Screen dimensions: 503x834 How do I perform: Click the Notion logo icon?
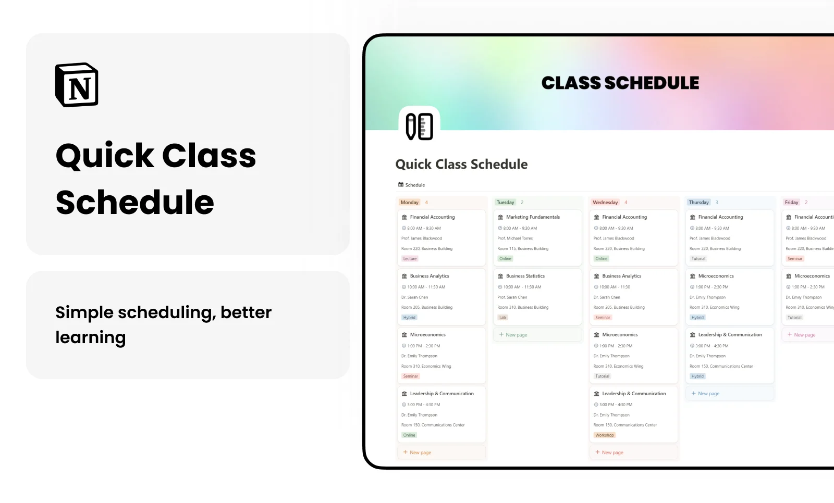[x=77, y=85]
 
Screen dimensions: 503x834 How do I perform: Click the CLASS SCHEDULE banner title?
[x=620, y=83]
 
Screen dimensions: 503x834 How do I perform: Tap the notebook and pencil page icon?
[x=419, y=126]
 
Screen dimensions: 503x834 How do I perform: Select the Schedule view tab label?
[x=415, y=185]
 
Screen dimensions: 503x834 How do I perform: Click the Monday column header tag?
[x=410, y=203]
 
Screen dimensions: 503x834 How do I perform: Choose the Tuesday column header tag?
[x=505, y=203]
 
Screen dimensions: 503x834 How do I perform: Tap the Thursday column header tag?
[x=698, y=203]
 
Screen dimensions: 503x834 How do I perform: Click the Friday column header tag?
[x=791, y=203]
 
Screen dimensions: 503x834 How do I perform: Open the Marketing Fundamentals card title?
[x=533, y=217]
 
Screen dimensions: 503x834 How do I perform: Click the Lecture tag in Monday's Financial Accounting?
[x=410, y=259]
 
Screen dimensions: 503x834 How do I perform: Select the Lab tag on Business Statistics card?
[x=502, y=318]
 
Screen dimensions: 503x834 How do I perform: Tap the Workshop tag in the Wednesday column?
[x=605, y=435]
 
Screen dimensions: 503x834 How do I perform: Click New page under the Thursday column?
[x=708, y=394]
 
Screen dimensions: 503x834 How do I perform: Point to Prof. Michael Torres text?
[x=515, y=238]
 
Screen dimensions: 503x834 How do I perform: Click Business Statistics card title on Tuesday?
[x=525, y=276]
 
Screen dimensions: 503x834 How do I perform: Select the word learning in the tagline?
[x=91, y=338]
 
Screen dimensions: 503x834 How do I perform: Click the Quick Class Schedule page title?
[x=461, y=165]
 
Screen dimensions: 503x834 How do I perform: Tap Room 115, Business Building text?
[x=523, y=249]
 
